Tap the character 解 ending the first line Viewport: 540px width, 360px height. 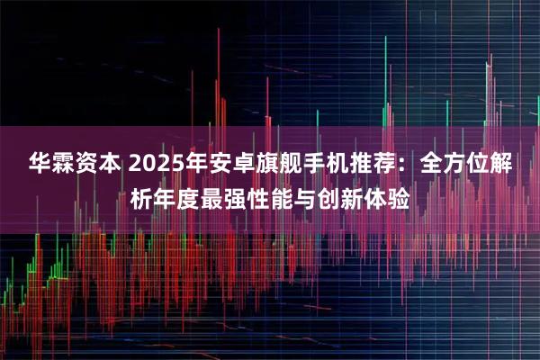coord(504,165)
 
